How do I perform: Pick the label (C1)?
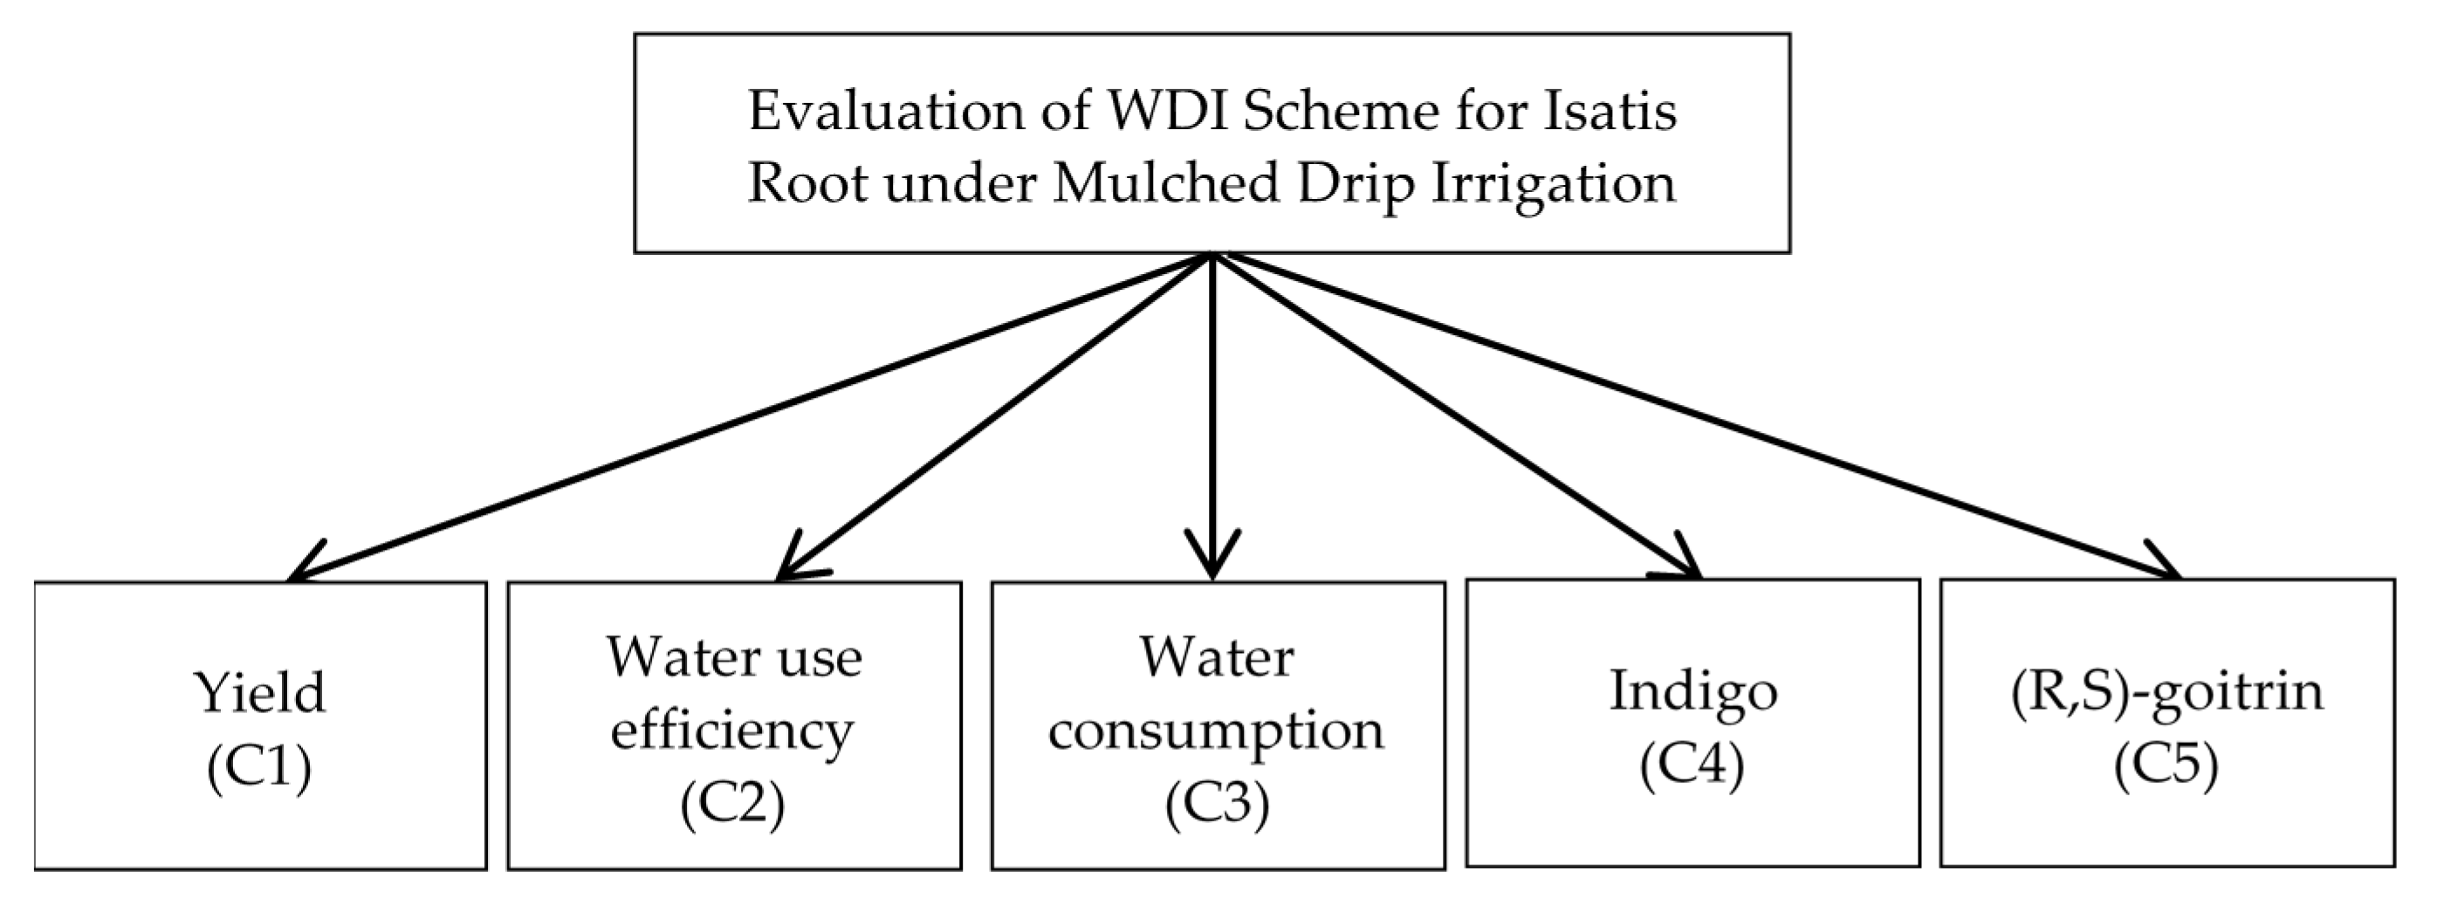[x=258, y=766]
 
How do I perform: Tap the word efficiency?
[x=731, y=731]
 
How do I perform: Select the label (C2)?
[x=731, y=804]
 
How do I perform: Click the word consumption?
[x=1216, y=731]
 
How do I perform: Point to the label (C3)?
[x=1216, y=804]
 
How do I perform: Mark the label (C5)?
[x=2166, y=765]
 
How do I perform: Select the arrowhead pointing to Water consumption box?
[x=1212, y=561]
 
